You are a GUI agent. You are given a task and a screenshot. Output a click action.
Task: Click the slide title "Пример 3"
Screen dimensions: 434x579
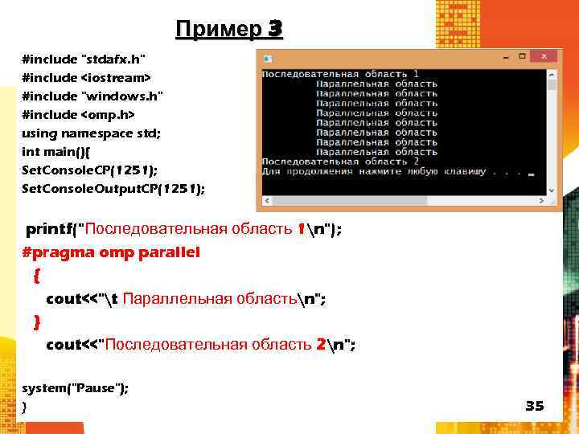(x=228, y=30)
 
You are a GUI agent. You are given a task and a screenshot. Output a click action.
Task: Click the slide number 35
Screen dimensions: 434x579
(x=535, y=406)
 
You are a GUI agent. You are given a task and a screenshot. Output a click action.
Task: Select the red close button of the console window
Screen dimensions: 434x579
(x=544, y=57)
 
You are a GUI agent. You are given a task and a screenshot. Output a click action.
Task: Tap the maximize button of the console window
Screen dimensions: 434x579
(x=524, y=57)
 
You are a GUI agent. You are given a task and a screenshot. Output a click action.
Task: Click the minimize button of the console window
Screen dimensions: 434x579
(x=504, y=57)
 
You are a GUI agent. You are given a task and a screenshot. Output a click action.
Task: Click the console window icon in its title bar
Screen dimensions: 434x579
(x=268, y=58)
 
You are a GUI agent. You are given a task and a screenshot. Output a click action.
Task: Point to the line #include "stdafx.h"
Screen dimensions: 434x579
(x=84, y=59)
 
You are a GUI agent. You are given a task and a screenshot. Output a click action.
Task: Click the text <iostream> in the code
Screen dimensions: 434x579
(x=115, y=78)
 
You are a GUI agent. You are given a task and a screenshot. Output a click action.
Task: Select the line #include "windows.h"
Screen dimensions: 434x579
(x=92, y=96)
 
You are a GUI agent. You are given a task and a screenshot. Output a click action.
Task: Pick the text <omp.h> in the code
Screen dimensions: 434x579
(x=107, y=115)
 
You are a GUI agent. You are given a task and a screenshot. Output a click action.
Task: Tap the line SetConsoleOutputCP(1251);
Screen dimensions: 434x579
(x=113, y=189)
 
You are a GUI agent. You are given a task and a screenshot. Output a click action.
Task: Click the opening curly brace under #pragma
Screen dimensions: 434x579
(x=37, y=275)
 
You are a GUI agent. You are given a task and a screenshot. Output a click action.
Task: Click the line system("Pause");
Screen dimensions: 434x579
(x=75, y=388)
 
